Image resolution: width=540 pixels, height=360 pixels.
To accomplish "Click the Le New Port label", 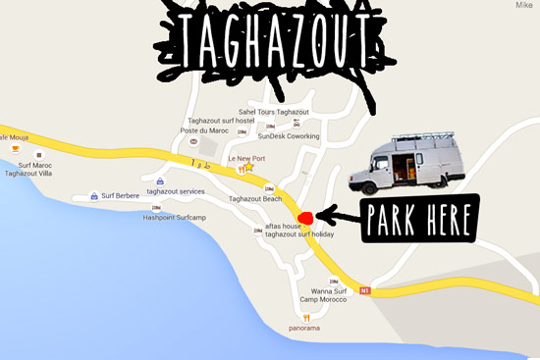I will (245, 158).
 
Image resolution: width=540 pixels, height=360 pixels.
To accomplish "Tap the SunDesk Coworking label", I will (289, 136).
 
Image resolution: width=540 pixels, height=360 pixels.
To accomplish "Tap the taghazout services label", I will (176, 191).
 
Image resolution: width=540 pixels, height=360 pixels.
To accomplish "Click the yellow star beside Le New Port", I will (249, 168).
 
